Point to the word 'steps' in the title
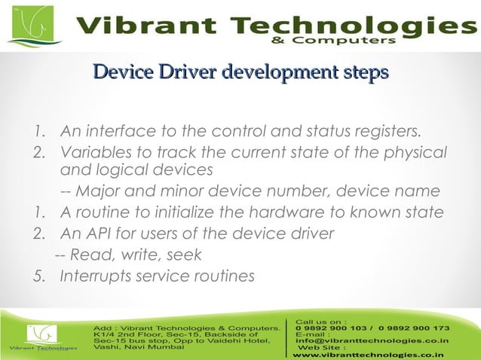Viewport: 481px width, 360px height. click(366, 73)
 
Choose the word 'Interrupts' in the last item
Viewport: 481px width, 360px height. click(98, 276)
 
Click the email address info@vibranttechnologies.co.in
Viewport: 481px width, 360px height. click(372, 340)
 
